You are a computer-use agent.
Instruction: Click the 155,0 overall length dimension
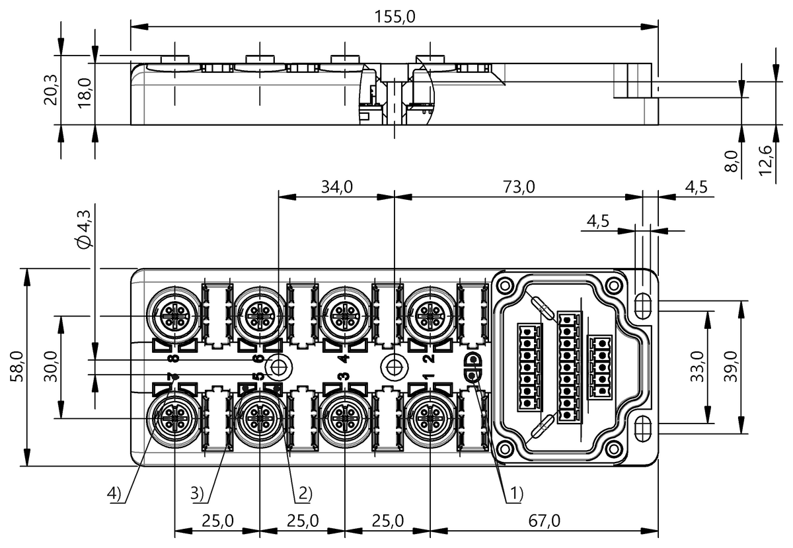(395, 17)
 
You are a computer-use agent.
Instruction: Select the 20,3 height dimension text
(50, 90)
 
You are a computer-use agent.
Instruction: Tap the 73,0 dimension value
(519, 187)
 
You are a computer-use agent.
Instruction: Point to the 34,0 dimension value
(336, 187)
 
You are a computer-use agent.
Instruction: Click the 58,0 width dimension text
(17, 367)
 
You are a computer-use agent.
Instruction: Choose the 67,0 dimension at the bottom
(545, 521)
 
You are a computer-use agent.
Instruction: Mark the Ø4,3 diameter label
(85, 230)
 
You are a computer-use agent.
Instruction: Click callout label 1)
(516, 493)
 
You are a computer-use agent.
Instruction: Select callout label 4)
(114, 493)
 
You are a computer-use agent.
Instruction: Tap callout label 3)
(197, 493)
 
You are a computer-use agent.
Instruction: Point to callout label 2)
(305, 493)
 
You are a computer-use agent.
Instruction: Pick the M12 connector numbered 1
(430, 418)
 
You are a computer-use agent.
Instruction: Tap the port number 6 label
(259, 358)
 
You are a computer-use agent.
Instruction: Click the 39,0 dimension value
(730, 367)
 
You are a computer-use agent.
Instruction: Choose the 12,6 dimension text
(765, 161)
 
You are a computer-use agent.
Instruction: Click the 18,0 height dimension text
(85, 93)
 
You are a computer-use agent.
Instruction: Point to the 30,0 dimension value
(50, 367)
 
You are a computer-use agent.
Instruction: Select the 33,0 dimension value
(697, 367)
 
